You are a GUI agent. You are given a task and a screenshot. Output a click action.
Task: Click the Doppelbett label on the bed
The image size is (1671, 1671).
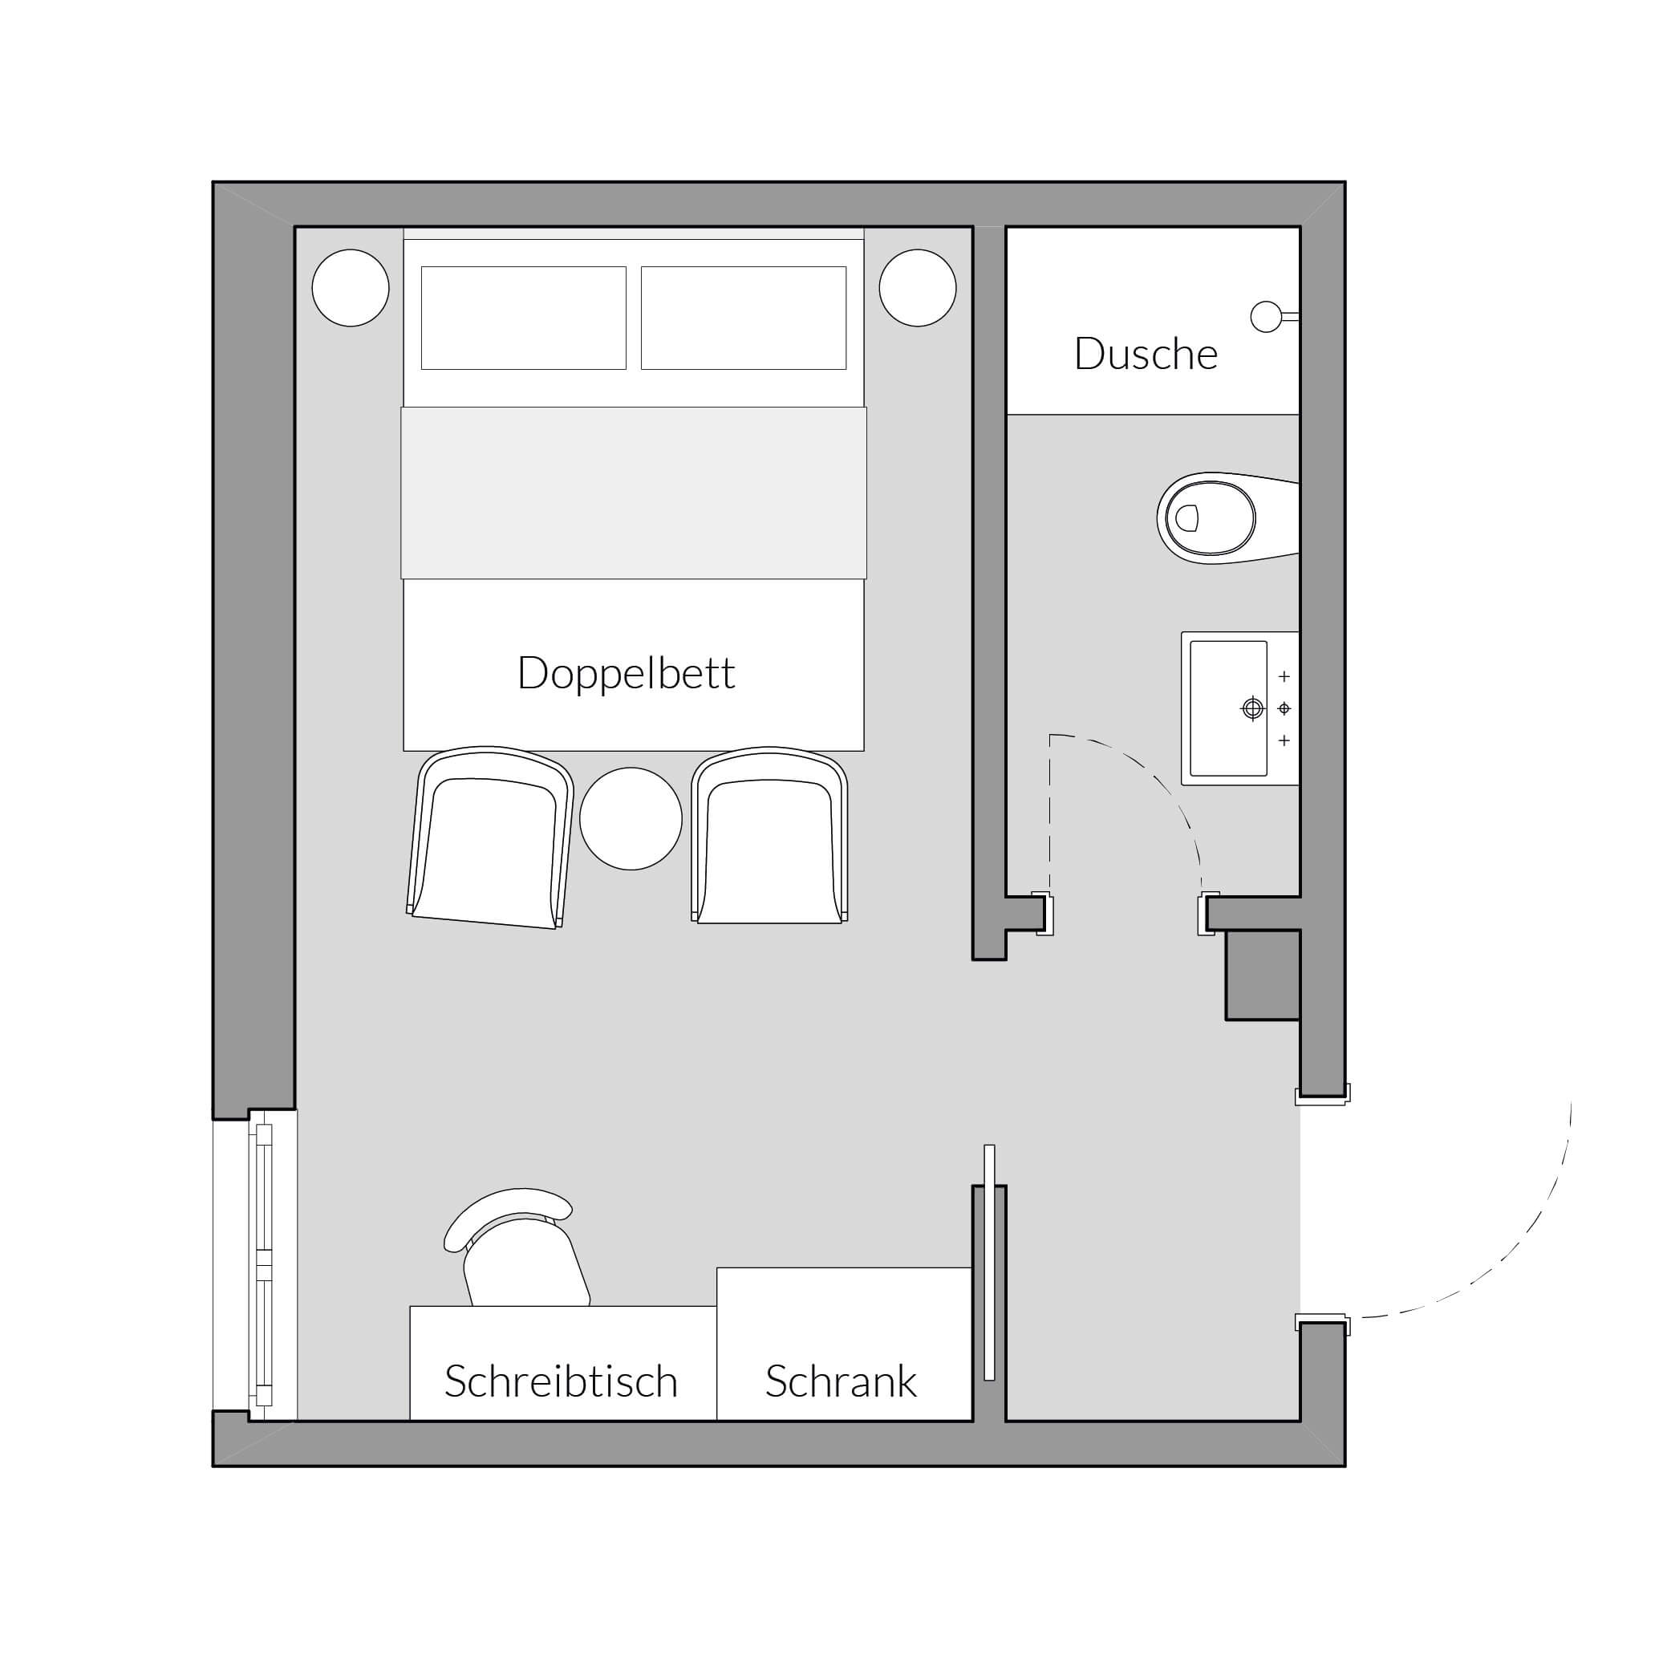tap(627, 674)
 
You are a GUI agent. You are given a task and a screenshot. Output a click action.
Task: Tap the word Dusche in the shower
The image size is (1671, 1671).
tap(1146, 354)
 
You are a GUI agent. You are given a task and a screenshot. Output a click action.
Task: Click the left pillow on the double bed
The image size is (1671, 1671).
tap(523, 318)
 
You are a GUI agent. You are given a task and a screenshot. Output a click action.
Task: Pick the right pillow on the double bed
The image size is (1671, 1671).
tap(744, 318)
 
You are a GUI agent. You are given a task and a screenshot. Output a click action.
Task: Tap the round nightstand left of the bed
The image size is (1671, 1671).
tap(351, 288)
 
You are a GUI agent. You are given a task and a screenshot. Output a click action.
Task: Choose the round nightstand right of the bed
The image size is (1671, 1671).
tap(918, 288)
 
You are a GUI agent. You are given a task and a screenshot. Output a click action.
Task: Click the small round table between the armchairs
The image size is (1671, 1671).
tap(631, 818)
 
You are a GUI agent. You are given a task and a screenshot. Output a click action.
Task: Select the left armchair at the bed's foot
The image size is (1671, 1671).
tap(489, 838)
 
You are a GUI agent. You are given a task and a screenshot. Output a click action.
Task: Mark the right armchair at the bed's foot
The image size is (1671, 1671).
tap(769, 836)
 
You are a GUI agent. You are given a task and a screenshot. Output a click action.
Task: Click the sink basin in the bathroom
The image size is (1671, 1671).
tap(1228, 708)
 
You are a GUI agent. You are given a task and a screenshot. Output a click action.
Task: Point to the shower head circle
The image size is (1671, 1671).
tap(1265, 317)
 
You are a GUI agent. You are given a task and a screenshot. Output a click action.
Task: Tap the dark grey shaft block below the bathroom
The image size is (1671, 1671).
tap(1263, 975)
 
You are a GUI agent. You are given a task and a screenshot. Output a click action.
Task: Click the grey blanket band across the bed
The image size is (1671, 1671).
tap(634, 493)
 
